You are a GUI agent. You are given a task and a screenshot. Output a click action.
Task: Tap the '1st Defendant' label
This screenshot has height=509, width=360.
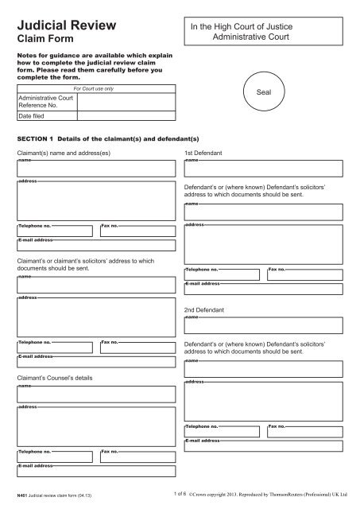click(203, 151)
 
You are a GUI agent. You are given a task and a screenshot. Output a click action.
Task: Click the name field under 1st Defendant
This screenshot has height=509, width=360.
click(263, 168)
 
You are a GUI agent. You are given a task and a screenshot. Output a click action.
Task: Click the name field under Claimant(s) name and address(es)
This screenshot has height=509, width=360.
click(96, 168)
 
